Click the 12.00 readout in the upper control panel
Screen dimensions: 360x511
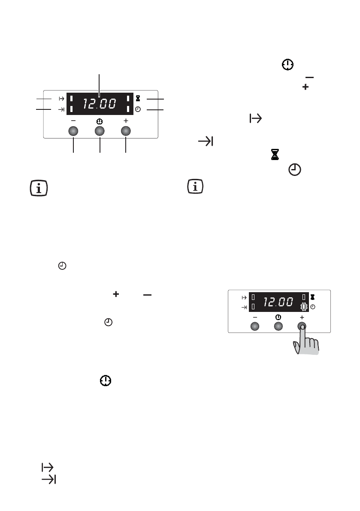click(x=100, y=104)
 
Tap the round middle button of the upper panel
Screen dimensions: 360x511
click(x=100, y=131)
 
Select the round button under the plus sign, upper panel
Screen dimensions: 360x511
click(x=126, y=131)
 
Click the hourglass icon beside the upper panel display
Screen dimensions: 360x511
click(x=138, y=98)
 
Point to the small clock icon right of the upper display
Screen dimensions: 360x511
click(x=138, y=109)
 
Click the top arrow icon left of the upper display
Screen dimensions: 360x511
click(x=61, y=98)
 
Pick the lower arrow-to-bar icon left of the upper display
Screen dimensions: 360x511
click(x=61, y=109)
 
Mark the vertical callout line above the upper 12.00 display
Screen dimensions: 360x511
click(x=99, y=85)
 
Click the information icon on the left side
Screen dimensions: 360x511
click(x=39, y=188)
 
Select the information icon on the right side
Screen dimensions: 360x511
click(x=195, y=186)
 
